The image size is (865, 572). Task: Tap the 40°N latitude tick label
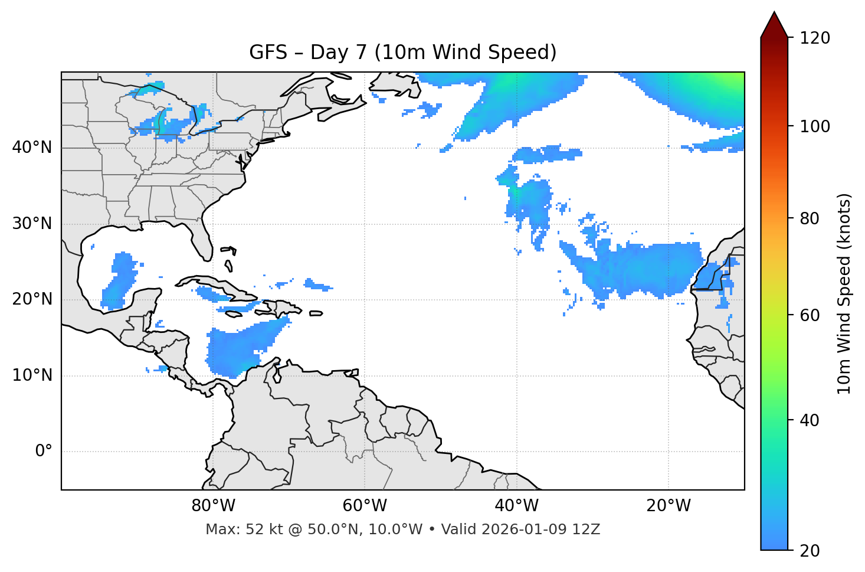(32, 148)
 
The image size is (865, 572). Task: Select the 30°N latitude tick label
(32, 224)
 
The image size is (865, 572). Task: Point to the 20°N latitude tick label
(32, 299)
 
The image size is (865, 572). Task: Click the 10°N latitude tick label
(32, 375)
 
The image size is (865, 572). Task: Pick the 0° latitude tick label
(44, 452)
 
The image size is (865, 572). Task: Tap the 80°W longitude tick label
(213, 506)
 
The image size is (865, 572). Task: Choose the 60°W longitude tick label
(365, 506)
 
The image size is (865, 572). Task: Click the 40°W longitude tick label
(516, 506)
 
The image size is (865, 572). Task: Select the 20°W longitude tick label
(668, 506)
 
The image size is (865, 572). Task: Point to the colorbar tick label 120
(814, 38)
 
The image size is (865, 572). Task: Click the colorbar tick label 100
(814, 126)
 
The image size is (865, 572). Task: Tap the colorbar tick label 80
(810, 218)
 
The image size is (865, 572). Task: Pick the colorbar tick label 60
(810, 315)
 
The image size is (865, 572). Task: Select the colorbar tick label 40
(810, 420)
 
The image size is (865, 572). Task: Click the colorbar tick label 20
(810, 551)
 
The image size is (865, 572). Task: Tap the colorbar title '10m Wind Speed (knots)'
(844, 293)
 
